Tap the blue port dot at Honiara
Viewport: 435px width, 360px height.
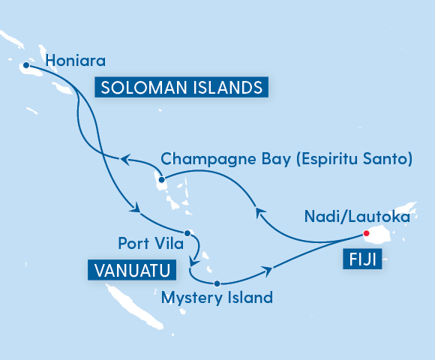tap(26, 65)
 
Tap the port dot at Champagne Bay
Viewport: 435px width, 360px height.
tap(161, 178)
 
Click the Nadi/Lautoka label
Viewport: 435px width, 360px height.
tap(357, 217)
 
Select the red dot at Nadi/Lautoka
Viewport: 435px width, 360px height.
tap(367, 233)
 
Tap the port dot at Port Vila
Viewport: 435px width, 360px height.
tap(188, 232)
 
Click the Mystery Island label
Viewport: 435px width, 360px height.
tap(217, 298)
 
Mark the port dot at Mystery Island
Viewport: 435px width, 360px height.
tap(217, 283)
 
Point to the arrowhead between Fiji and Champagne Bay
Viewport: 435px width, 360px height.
tap(258, 211)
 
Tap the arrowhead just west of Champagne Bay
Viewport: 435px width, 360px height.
tap(125, 159)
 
